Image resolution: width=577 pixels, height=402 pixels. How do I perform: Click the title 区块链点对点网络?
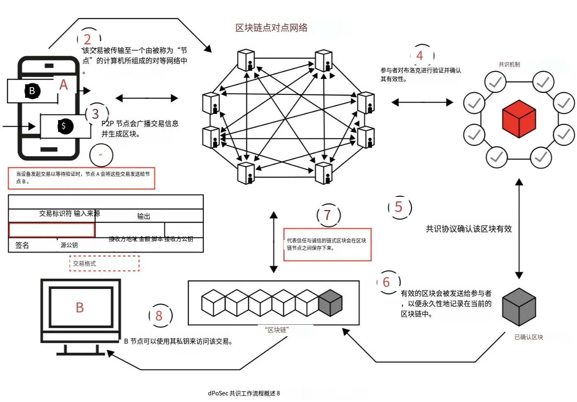pyautogui.click(x=271, y=28)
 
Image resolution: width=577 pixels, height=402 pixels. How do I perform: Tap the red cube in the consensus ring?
pyautogui.click(x=519, y=119)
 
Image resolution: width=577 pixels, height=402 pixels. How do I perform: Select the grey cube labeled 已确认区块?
pyautogui.click(x=519, y=307)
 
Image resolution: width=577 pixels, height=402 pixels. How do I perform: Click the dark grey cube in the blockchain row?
pyautogui.click(x=330, y=303)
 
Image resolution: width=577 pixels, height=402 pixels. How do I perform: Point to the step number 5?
pyautogui.click(x=399, y=207)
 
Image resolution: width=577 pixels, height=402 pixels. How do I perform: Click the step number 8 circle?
pyautogui.click(x=159, y=316)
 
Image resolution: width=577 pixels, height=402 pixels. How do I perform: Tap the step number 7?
pyautogui.click(x=328, y=215)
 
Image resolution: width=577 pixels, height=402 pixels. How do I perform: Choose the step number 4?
pyautogui.click(x=420, y=55)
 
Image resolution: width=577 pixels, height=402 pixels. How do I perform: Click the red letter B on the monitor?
pyautogui.click(x=80, y=307)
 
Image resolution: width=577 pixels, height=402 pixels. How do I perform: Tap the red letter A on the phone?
pyautogui.click(x=63, y=85)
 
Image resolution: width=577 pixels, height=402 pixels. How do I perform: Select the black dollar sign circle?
pyautogui.click(x=64, y=126)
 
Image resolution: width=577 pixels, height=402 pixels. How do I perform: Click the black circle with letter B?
pyautogui.click(x=32, y=91)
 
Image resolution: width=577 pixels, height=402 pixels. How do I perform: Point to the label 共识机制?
pyautogui.click(x=509, y=65)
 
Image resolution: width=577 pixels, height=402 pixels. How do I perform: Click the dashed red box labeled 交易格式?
pyautogui.click(x=104, y=263)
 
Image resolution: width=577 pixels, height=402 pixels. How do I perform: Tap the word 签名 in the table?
pyautogui.click(x=22, y=245)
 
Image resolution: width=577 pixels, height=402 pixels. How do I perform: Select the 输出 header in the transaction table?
pyautogui.click(x=143, y=216)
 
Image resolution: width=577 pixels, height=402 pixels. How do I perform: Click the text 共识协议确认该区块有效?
pyautogui.click(x=469, y=229)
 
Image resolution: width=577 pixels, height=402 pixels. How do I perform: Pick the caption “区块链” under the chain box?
pyautogui.click(x=277, y=330)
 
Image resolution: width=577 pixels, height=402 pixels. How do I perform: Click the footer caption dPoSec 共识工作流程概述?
pyautogui.click(x=244, y=393)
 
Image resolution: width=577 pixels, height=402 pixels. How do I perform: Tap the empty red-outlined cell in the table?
pyautogui.click(x=52, y=230)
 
